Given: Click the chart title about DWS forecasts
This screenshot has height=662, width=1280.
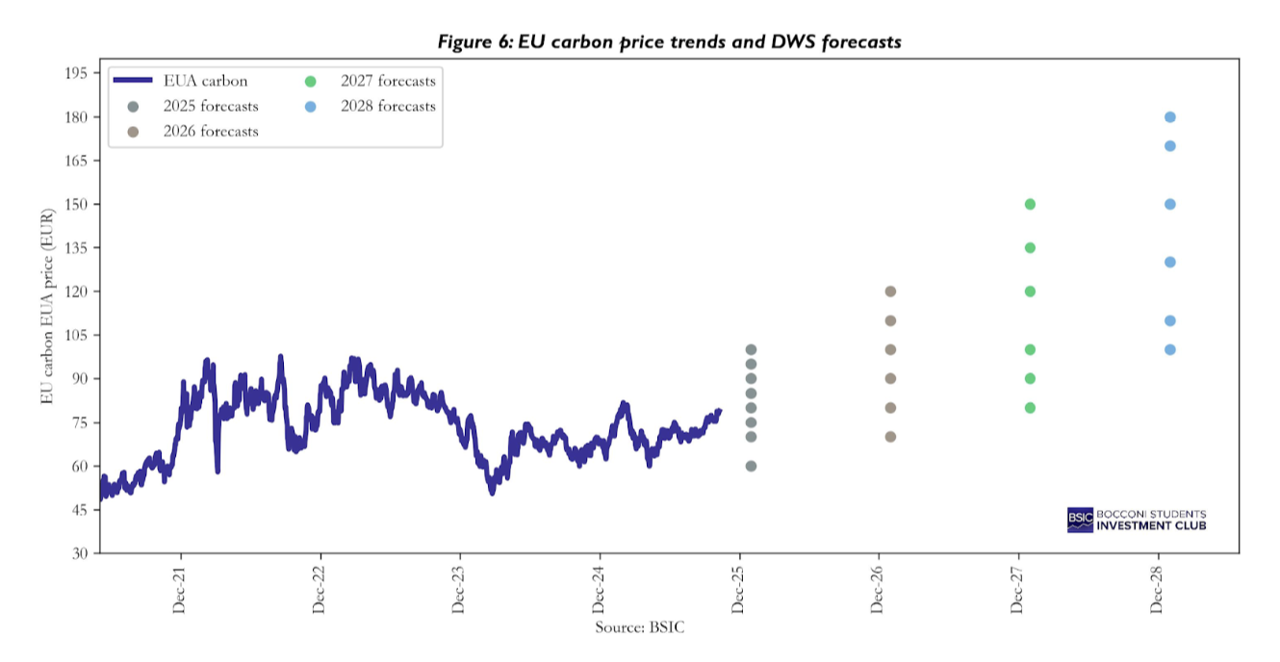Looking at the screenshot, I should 669,41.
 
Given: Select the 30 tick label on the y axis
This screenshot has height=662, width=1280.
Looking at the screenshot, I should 79,553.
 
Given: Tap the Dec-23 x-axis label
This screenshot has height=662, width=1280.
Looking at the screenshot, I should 459,590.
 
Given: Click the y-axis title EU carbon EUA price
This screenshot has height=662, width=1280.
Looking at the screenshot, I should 47,313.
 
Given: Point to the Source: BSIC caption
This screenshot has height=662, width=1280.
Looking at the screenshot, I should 640,627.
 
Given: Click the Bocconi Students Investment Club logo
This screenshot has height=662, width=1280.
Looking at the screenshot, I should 1137,520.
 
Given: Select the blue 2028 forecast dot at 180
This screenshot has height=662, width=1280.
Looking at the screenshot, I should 1170,117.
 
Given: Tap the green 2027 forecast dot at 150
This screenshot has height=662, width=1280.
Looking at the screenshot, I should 1030,204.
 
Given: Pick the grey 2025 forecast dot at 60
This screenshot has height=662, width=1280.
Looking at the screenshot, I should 751,466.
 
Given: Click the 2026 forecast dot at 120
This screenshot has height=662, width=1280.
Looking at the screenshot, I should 890,292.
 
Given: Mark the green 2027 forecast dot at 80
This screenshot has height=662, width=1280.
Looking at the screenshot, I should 1030,408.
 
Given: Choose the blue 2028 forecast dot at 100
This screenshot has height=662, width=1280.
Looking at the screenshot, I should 1170,349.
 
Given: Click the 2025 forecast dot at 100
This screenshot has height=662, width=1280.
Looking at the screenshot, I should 751,349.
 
